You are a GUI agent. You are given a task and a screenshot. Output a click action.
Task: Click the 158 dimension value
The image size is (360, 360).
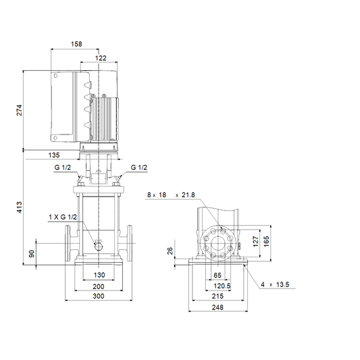click(76, 44)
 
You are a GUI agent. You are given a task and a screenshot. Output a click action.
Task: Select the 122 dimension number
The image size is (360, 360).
click(101, 58)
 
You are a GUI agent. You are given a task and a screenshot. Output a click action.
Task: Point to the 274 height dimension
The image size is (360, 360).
click(20, 110)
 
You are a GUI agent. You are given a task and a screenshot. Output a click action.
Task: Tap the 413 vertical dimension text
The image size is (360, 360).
click(20, 207)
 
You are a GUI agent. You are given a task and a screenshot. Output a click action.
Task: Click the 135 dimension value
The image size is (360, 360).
click(54, 155)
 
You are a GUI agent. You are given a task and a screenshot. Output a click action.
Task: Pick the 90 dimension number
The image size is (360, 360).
click(32, 254)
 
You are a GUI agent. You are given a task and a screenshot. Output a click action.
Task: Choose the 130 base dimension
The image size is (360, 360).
click(99, 275)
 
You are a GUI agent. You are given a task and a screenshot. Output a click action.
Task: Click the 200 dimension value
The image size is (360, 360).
click(99, 286)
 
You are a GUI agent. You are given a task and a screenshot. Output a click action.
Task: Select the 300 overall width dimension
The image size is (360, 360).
click(99, 297)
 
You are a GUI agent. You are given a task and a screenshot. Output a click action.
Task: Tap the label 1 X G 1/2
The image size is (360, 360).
click(63, 217)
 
